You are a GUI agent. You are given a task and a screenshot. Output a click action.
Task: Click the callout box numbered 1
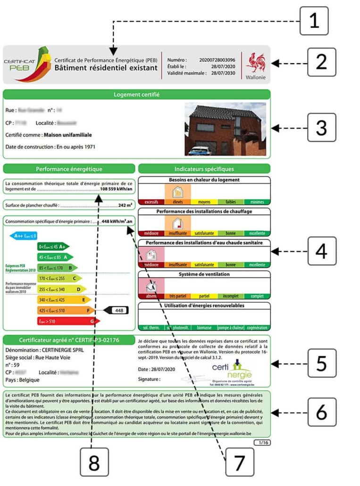[314, 20]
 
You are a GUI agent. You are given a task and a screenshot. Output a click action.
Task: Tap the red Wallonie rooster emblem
[256, 63]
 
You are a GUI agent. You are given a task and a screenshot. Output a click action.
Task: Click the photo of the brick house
[225, 129]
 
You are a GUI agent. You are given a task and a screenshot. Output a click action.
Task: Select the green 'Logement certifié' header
[136, 94]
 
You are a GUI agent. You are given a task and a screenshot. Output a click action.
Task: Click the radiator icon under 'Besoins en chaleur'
[178, 192]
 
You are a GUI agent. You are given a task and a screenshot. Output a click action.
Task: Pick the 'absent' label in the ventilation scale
[151, 296]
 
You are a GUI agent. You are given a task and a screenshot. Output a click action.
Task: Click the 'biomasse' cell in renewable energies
[204, 327]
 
